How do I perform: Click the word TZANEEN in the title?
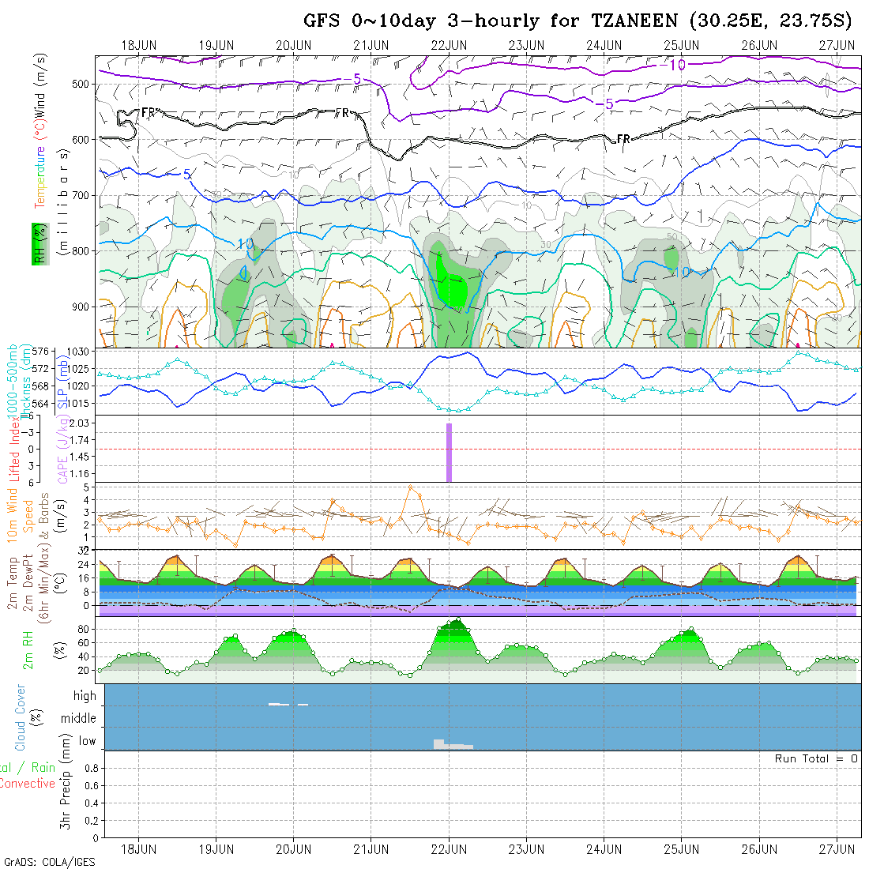[634, 21]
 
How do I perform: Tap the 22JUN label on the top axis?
[448, 45]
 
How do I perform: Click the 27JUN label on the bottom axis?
[837, 849]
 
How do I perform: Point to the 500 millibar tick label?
[83, 84]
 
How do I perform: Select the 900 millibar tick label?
[83, 307]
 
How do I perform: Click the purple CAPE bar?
[449, 452]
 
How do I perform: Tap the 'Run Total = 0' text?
[816, 758]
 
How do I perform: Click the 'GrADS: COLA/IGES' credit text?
[49, 862]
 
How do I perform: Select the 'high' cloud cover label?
[85, 696]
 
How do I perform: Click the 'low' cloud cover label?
[87, 741]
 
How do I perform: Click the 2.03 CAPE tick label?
[80, 423]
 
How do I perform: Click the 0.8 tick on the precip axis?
[92, 768]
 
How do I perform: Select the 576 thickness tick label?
[39, 352]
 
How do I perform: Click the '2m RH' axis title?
[28, 649]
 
